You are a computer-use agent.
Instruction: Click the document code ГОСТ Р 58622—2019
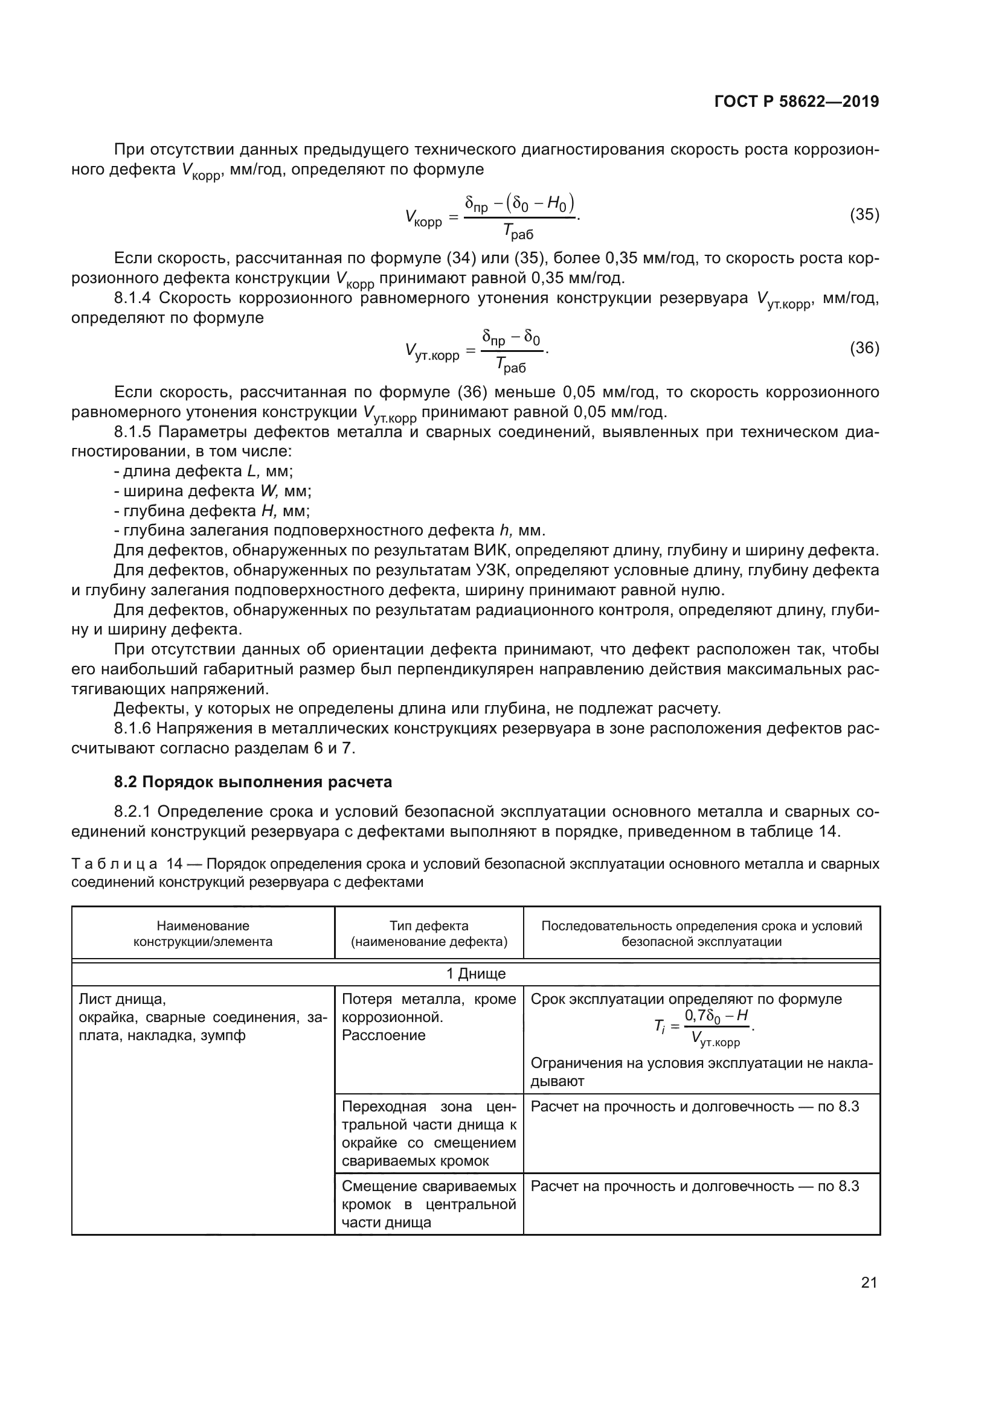tap(796, 102)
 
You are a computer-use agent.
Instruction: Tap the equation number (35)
tap(864, 215)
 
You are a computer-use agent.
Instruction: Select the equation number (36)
tap(864, 348)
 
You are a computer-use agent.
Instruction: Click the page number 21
tap(869, 1282)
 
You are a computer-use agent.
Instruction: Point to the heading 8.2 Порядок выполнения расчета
tap(253, 782)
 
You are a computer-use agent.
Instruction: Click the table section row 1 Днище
tap(475, 974)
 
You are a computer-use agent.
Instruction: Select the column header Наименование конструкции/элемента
tap(203, 933)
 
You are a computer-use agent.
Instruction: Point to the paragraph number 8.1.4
tap(132, 298)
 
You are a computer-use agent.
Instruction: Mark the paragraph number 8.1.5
tap(132, 432)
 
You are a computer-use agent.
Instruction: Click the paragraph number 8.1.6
tap(132, 729)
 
